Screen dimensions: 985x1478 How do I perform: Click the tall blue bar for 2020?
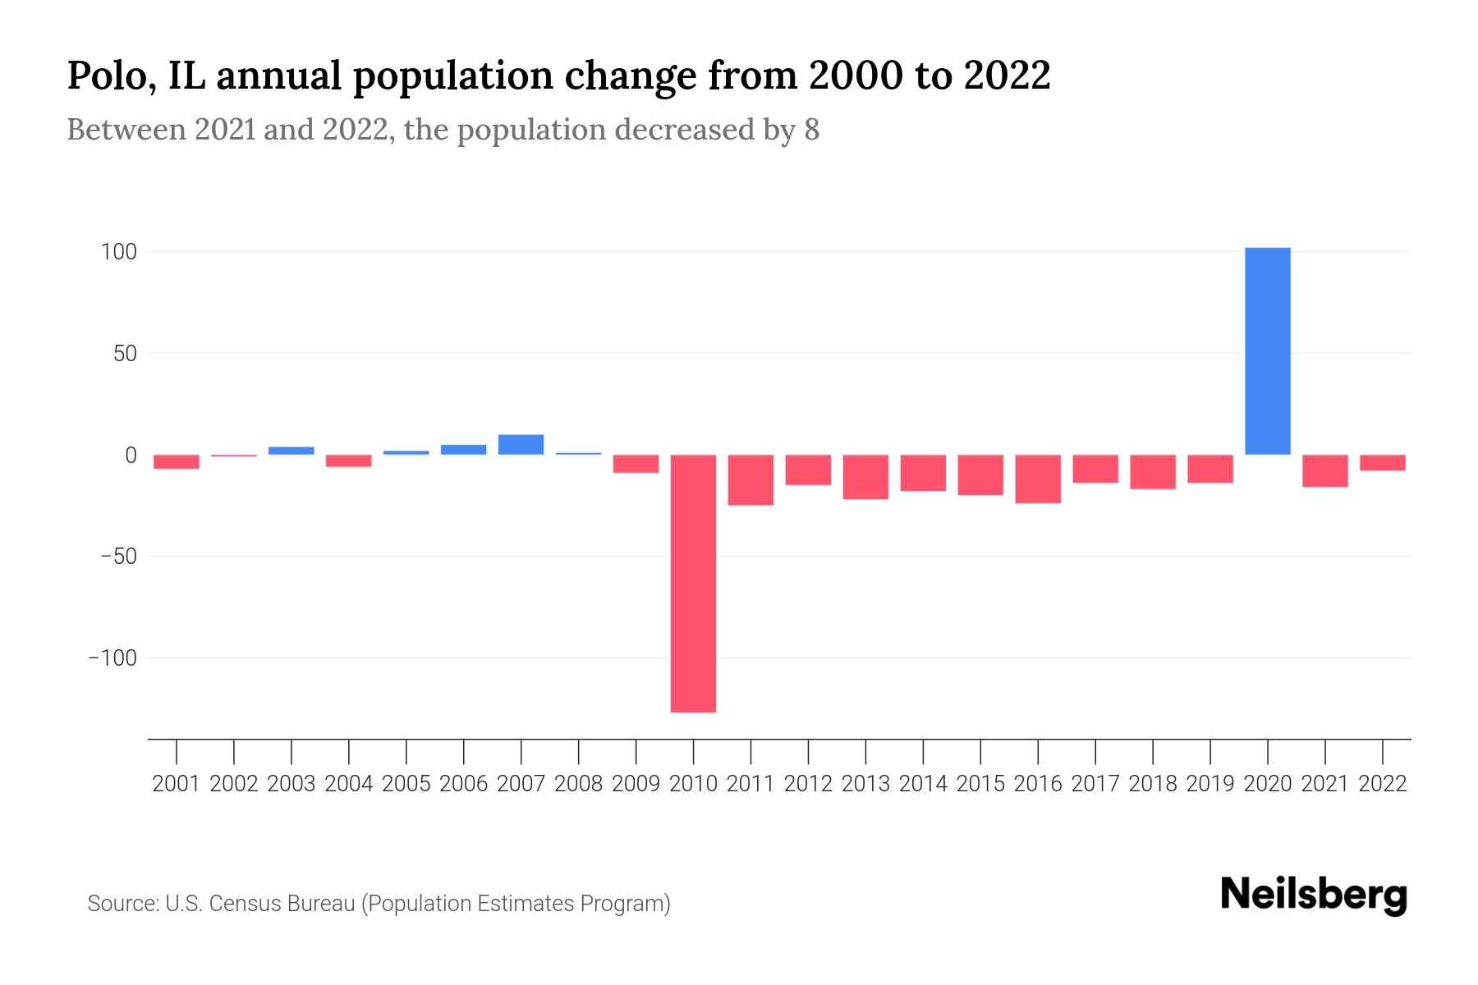pos(1267,351)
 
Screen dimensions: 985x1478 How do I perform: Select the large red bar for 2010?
pos(693,583)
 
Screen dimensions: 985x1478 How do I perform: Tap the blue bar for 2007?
pos(521,445)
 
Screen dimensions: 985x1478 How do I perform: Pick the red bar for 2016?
pos(1038,479)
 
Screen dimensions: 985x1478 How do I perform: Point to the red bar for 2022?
pos(1382,463)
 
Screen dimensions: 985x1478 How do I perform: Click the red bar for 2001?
pos(177,462)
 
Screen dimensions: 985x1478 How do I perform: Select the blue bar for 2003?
pos(291,451)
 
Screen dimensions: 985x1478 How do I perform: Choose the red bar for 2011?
pos(750,479)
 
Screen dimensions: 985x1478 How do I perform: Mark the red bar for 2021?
pos(1324,471)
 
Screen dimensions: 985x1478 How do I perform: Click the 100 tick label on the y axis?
pos(118,252)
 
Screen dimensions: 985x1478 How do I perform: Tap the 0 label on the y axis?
pos(131,455)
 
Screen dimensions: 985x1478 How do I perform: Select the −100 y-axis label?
pos(112,658)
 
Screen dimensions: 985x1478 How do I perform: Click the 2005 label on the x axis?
pos(406,784)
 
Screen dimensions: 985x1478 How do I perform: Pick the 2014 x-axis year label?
pos(923,784)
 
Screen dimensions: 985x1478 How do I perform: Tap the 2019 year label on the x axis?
pos(1209,784)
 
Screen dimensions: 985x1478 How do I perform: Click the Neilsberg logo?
pos(1314,896)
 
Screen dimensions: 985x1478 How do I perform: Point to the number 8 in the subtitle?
pos(811,131)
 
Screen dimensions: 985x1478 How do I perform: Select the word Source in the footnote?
pos(122,904)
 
